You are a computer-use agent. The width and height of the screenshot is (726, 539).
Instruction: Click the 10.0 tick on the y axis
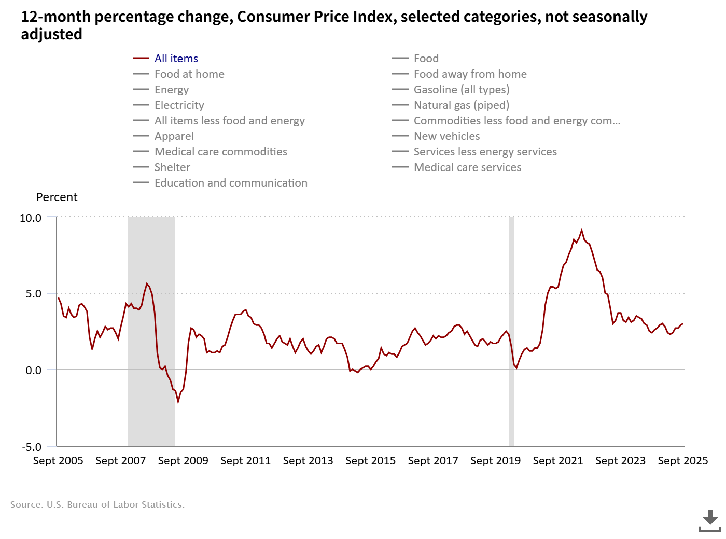click(31, 218)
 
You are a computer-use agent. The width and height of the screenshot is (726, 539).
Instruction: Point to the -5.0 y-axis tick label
click(32, 447)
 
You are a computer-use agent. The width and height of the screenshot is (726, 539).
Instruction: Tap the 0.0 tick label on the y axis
click(33, 370)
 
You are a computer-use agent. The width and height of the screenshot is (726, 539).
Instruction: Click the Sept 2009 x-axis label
click(183, 461)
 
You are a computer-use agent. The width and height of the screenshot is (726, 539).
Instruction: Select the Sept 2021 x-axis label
click(558, 461)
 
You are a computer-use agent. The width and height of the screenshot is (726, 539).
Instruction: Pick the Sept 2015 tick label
click(370, 461)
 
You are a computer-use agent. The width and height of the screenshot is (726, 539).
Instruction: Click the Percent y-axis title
click(57, 197)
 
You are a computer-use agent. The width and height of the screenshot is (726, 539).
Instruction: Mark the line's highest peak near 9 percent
click(581, 230)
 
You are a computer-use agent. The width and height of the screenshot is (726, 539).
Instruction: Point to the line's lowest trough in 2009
click(178, 401)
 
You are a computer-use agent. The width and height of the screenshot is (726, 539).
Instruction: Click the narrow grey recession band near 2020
click(511, 332)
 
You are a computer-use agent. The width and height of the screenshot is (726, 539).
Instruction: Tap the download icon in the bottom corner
click(709, 520)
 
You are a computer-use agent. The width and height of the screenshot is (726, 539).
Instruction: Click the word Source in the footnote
click(26, 505)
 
